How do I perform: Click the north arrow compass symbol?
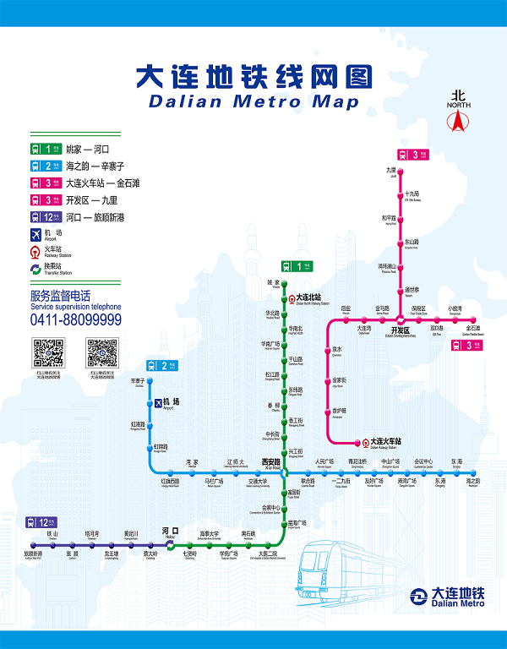pos(459,119)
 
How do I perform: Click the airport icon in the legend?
pos(35,235)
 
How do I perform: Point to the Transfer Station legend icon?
pos(35,269)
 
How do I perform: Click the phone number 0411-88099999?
pos(75,319)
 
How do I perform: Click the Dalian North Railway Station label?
pos(314,298)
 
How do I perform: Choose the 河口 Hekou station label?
pos(170,532)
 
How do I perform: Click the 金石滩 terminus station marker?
pos(472,319)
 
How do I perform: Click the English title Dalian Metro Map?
pos(253,102)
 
